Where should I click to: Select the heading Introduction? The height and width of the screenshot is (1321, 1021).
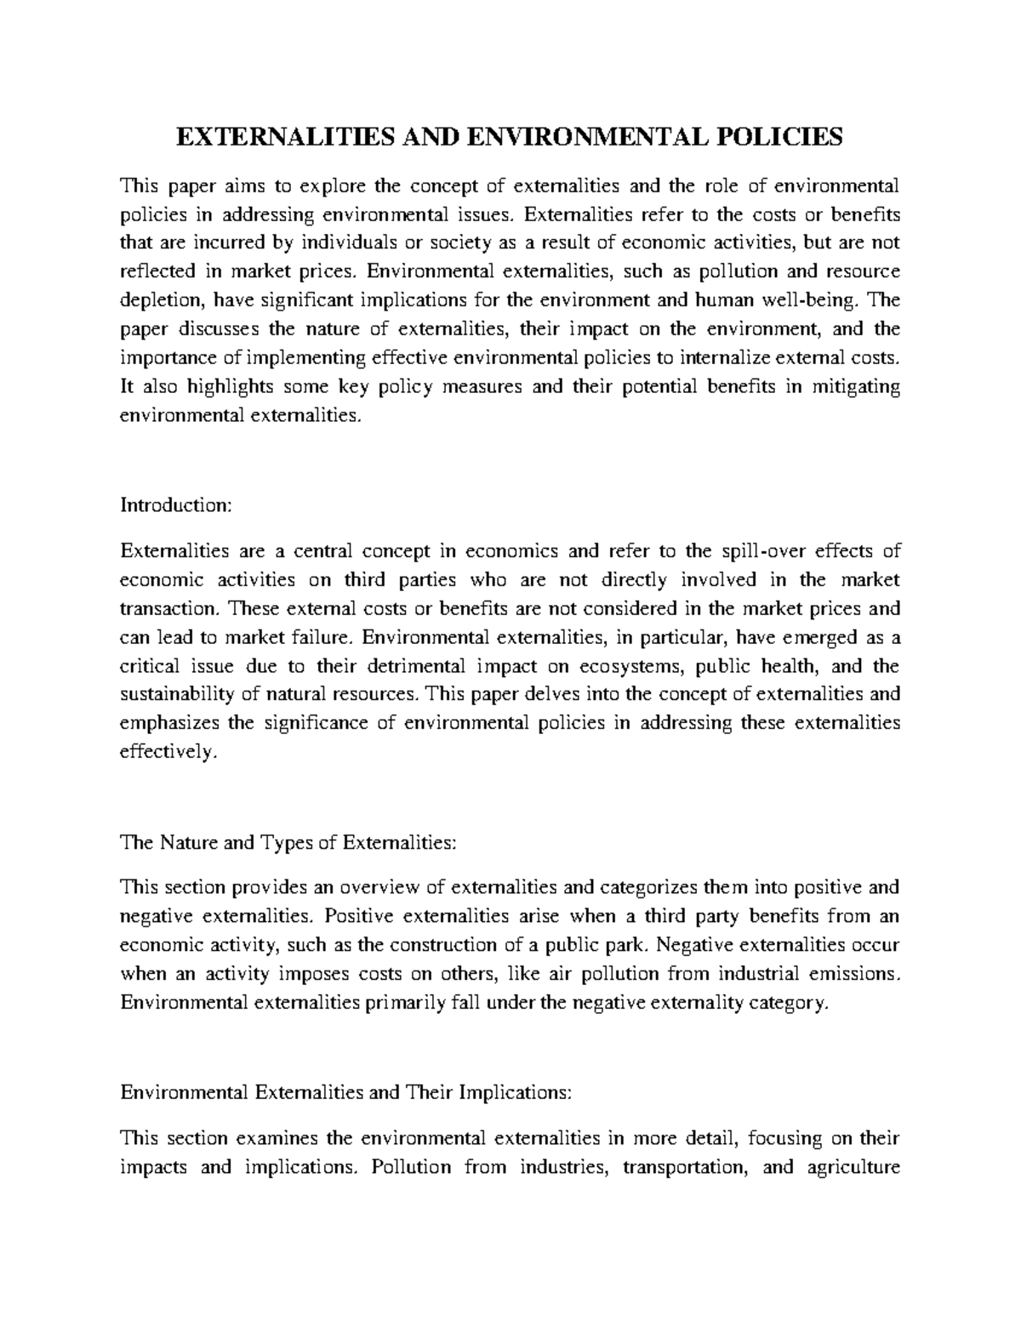pos(175,505)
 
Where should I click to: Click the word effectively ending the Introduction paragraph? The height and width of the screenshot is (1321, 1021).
pos(173,752)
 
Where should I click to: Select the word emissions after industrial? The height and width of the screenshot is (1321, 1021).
pos(853,973)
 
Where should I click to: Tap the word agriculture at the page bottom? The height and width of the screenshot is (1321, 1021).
pos(853,1167)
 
